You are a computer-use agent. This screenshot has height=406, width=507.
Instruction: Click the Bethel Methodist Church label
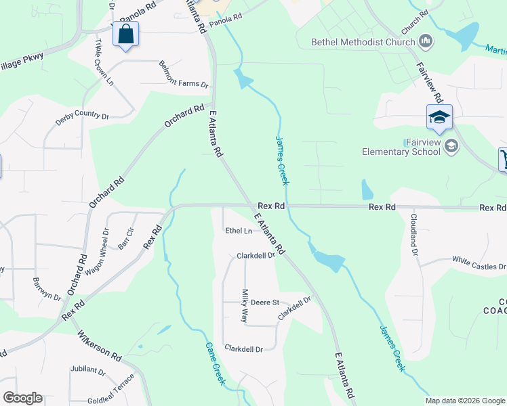click(x=363, y=42)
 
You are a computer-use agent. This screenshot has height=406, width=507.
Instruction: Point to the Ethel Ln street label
click(x=239, y=231)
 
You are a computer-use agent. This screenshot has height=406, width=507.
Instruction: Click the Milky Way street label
click(x=245, y=306)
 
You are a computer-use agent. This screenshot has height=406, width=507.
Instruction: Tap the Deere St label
click(x=266, y=302)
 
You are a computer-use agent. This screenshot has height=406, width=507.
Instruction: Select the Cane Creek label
click(x=216, y=364)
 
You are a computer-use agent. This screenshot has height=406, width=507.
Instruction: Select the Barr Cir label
click(x=125, y=240)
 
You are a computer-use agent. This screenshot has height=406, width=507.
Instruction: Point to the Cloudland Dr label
click(x=413, y=235)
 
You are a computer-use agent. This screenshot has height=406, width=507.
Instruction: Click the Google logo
click(x=22, y=398)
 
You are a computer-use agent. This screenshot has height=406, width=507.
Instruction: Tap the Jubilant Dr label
click(x=87, y=371)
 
